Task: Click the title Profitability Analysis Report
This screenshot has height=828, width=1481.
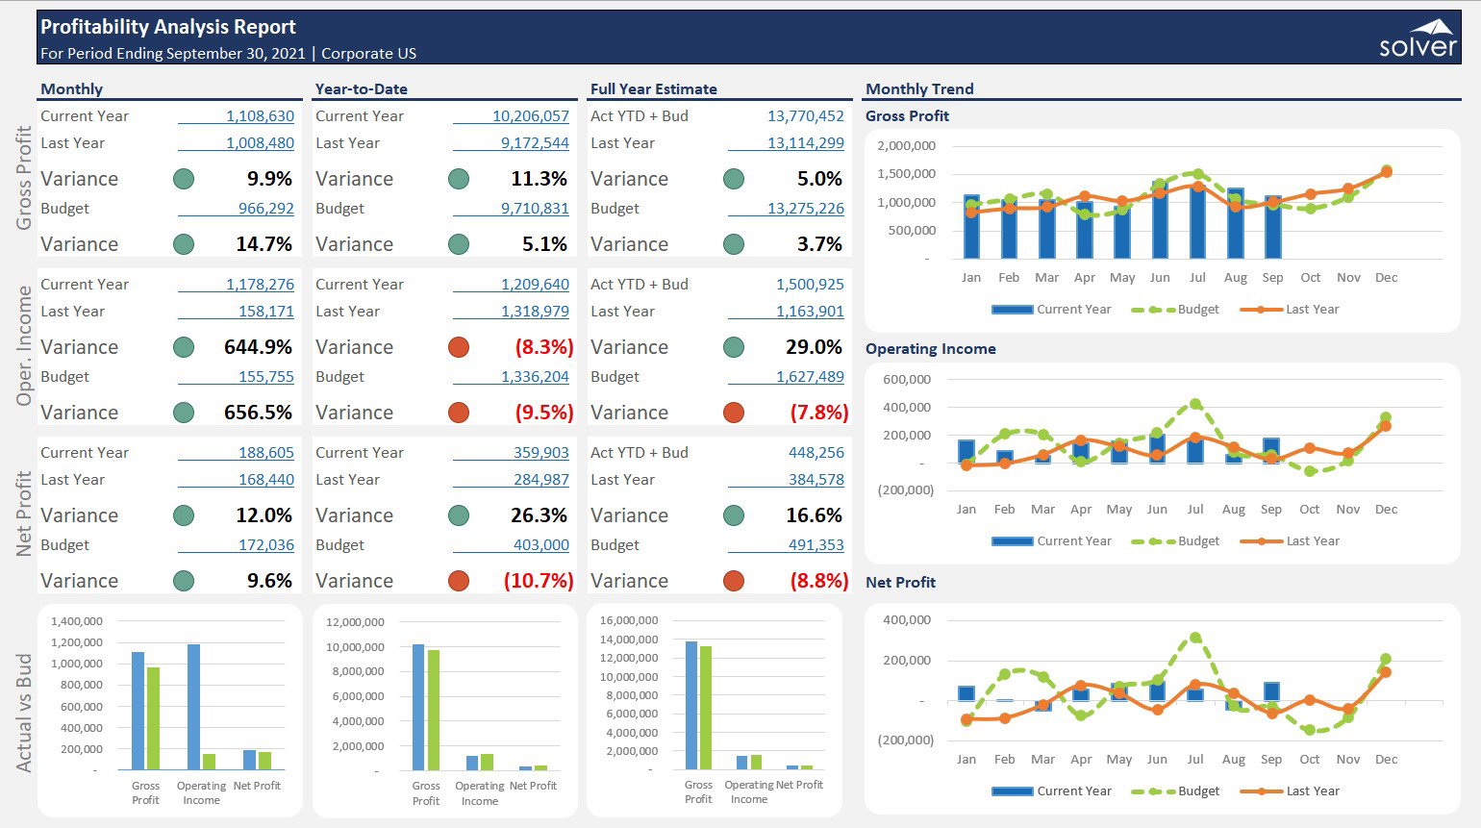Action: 168,27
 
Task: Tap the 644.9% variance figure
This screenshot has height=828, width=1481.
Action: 258,347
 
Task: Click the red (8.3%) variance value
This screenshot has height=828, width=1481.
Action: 543,347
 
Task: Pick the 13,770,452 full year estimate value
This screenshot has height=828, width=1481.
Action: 805,116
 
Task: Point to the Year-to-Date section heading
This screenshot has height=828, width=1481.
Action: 362,89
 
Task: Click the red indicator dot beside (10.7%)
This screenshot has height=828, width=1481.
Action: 459,581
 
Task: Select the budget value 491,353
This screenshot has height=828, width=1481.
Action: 816,545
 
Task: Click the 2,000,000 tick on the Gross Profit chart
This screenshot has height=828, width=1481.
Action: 906,146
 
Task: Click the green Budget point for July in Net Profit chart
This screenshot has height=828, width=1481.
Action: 1195,638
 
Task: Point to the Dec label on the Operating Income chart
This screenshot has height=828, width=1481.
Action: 1386,510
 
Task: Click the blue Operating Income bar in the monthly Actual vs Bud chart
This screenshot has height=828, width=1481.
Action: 193,706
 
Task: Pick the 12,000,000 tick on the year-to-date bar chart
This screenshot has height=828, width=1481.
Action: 355,622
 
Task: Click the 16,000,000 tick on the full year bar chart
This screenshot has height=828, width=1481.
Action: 629,620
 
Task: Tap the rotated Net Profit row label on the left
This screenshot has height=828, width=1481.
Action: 24,514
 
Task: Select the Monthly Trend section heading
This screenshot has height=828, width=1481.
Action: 919,89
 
